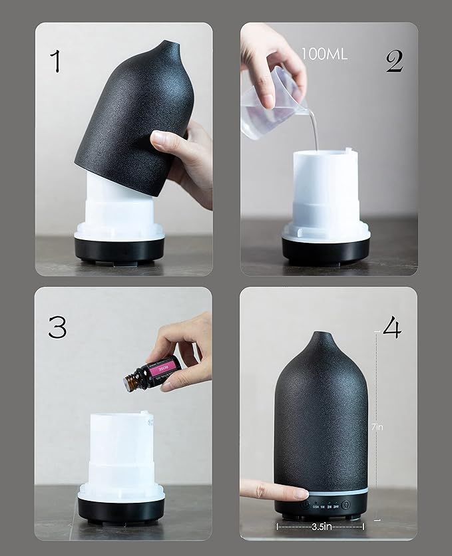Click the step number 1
click(55, 61)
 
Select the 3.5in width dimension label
click(320, 525)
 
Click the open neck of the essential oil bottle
click(126, 384)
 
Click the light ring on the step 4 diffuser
click(321, 492)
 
